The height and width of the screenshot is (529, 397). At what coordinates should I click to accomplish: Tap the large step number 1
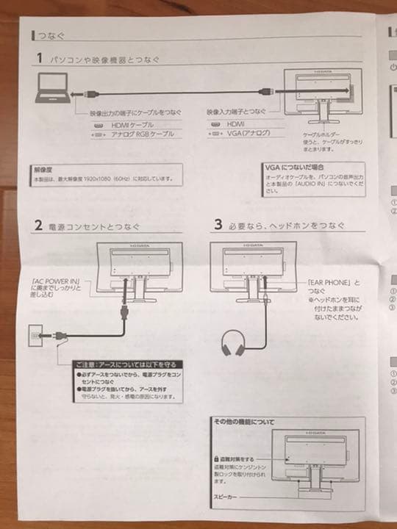tap(37, 58)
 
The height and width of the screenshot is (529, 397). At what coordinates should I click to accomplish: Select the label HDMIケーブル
tap(133, 125)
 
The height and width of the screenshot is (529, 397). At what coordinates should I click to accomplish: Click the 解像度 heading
tap(44, 168)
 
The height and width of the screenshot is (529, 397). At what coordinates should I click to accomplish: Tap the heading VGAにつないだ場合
tap(296, 168)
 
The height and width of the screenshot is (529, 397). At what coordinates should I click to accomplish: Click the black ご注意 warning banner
tap(128, 363)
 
